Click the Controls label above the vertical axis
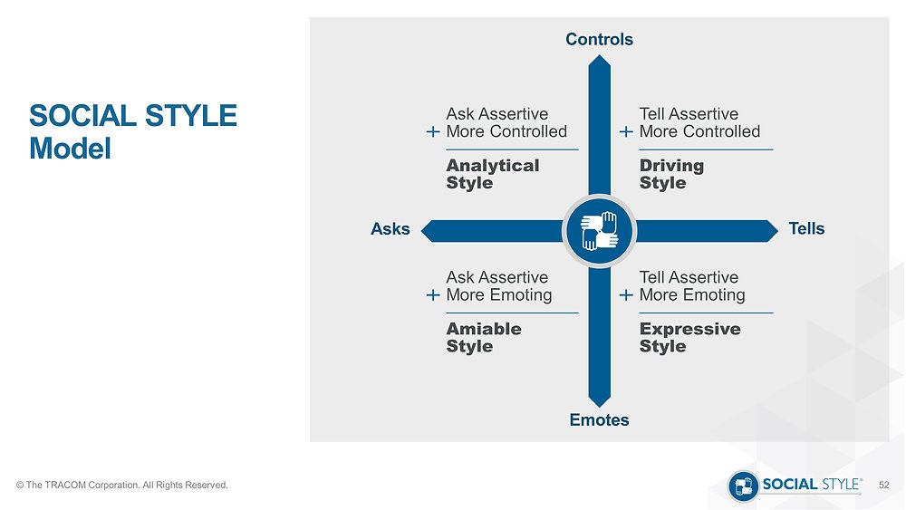(599, 39)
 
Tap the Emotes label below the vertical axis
(599, 420)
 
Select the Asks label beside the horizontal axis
(390, 228)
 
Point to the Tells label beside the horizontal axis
(806, 228)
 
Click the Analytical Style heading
(493, 174)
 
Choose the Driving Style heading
(671, 174)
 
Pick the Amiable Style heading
(484, 337)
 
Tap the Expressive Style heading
(689, 337)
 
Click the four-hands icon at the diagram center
(599, 231)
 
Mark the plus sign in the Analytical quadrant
(433, 132)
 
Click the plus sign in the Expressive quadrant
(626, 295)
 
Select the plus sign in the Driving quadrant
(626, 132)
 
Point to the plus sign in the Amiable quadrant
(433, 295)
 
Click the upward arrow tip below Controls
(599, 55)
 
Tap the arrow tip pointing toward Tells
(777, 231)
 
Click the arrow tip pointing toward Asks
(422, 231)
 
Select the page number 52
(884, 486)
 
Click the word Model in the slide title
(70, 149)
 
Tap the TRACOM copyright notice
(122, 486)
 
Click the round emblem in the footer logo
(743, 486)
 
